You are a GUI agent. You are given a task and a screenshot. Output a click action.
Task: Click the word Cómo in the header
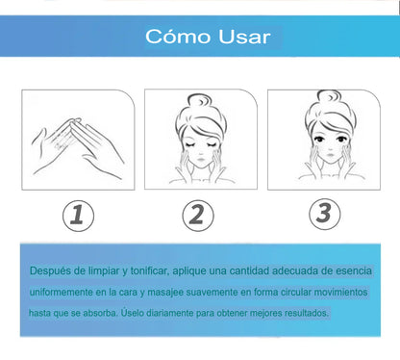178,37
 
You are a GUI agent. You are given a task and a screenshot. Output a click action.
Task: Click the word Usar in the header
244,37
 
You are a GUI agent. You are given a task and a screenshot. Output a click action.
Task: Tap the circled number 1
78,216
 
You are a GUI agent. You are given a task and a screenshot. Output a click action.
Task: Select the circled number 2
198,215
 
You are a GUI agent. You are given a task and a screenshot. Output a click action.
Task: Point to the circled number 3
324,214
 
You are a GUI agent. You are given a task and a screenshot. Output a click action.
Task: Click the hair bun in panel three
329,97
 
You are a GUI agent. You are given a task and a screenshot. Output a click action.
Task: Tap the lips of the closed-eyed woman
201,159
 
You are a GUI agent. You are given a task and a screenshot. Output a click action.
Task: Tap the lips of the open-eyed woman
329,155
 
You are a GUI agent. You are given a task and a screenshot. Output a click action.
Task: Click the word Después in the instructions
50,271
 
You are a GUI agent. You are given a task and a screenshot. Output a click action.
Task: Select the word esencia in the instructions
354,270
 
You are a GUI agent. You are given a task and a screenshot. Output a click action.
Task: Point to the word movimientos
340,292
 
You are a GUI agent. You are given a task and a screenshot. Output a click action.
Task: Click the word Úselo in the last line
132,313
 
